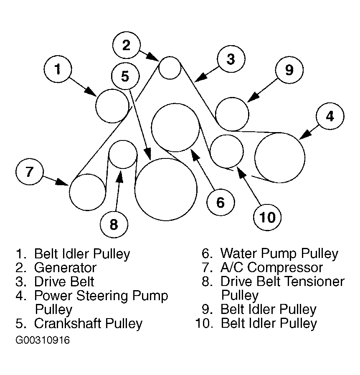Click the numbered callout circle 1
pos(58,69)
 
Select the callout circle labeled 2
pos(126,45)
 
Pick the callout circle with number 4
pos(330,116)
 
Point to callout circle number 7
pos(29,172)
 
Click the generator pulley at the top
pos(170,67)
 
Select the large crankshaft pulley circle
pos(166,189)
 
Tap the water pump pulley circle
pos(175,128)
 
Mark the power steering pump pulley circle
pos(280,157)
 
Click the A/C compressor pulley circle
pos(88,192)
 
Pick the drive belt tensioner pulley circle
pos(123,154)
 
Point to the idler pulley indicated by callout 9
pos(232,114)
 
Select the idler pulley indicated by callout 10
pos(227,151)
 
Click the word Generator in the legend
pos(65,268)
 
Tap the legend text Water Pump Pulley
pos(279,253)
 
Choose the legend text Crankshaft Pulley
pos(88,323)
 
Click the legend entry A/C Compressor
pos(272,268)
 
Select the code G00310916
pos(43,340)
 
